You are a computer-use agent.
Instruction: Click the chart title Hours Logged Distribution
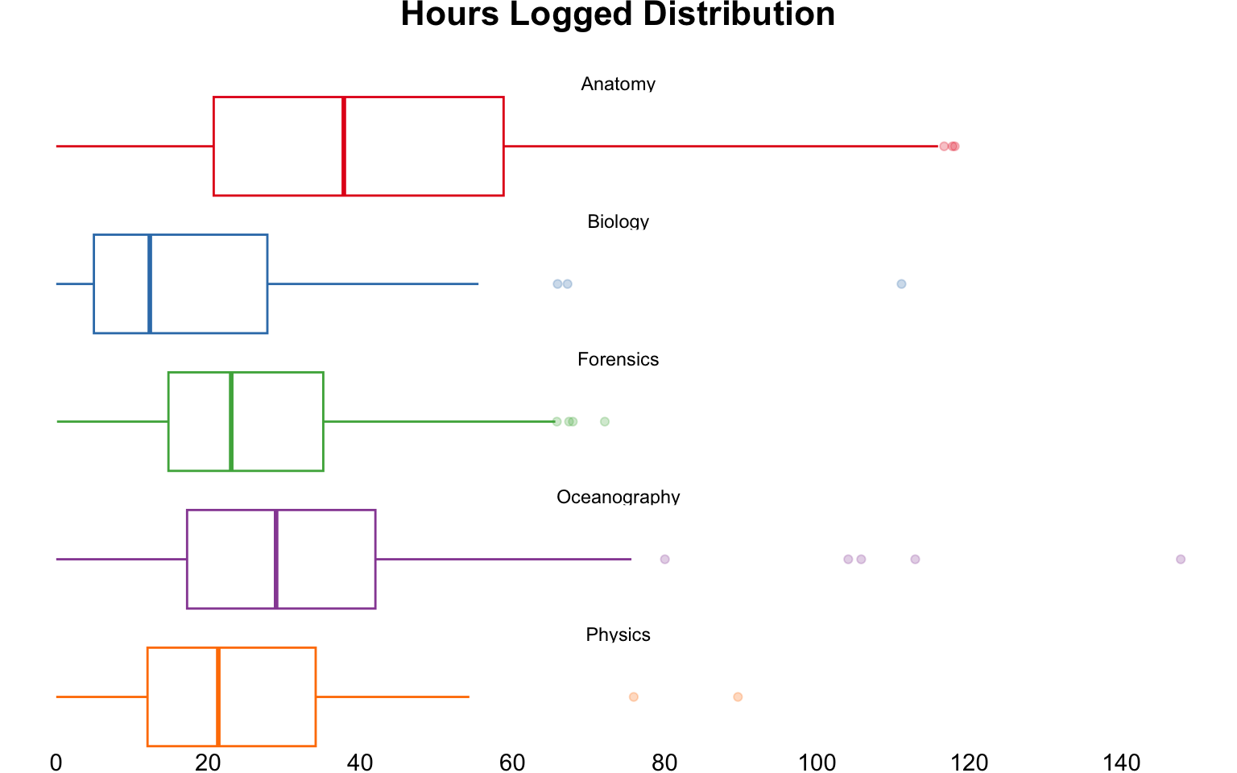click(618, 14)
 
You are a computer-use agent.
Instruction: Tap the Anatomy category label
click(618, 84)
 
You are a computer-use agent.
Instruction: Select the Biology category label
click(618, 221)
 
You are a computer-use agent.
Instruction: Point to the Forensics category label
click(618, 359)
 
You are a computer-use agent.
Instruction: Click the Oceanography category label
click(618, 497)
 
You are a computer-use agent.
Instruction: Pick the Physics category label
click(618, 635)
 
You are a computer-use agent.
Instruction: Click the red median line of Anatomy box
click(344, 146)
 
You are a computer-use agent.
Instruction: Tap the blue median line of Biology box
click(150, 283)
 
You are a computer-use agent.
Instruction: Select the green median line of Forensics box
click(231, 421)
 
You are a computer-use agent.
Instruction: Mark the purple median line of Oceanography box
click(276, 559)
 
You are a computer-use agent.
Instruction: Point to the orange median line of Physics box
click(218, 697)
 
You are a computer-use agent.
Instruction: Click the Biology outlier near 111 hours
click(901, 283)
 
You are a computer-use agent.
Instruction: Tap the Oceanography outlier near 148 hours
click(1181, 559)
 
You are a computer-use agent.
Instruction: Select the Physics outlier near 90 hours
click(738, 697)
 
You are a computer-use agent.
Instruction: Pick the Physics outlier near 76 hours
click(633, 697)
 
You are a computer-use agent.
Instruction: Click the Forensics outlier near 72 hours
click(605, 421)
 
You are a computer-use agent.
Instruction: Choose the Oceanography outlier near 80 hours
click(664, 559)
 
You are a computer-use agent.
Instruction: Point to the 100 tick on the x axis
click(817, 762)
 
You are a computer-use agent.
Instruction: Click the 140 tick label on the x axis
click(1121, 762)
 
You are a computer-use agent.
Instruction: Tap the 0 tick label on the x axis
click(56, 762)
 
